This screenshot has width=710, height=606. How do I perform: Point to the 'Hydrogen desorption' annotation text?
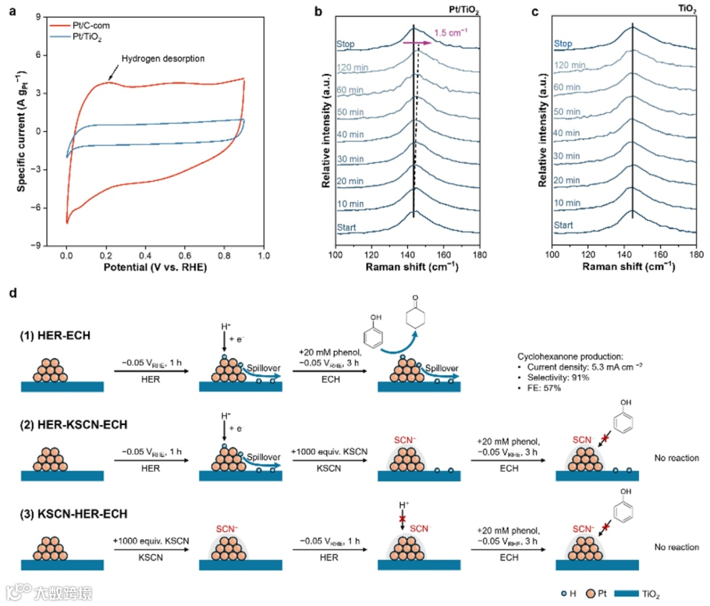point(162,59)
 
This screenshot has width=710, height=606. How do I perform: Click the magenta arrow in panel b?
point(417,43)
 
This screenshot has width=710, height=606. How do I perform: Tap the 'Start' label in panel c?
point(563,225)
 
